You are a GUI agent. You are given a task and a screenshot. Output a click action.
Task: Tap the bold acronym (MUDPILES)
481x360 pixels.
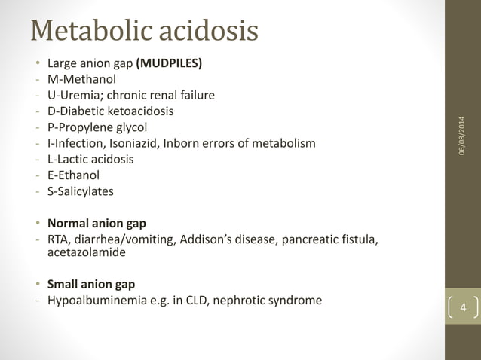(x=169, y=63)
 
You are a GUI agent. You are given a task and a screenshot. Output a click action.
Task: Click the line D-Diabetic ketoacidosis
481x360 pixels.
(x=112, y=111)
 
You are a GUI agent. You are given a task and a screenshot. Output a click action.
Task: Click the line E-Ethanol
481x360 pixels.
(x=74, y=175)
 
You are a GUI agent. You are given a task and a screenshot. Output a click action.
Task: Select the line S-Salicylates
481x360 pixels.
(x=81, y=191)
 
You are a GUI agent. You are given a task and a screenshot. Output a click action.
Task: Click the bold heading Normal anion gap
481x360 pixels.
(x=97, y=223)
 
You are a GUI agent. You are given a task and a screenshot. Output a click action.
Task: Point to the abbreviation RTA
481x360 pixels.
(x=60, y=239)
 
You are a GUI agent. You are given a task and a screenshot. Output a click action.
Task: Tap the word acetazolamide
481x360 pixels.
(x=87, y=253)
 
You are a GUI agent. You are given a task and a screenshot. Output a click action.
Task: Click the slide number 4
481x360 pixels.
(x=463, y=308)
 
